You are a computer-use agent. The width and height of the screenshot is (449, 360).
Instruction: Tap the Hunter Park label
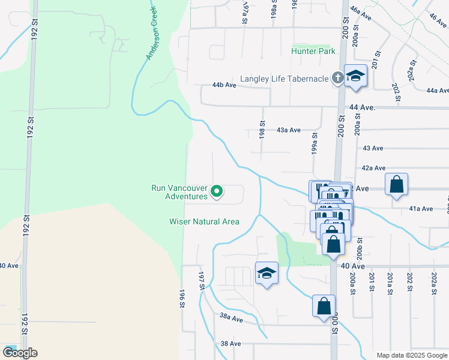click(313, 52)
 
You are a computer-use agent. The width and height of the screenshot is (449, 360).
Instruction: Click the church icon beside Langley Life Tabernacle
click(337, 77)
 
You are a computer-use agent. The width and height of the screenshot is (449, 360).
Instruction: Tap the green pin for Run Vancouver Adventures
click(217, 192)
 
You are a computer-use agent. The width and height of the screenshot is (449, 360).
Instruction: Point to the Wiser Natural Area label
click(204, 221)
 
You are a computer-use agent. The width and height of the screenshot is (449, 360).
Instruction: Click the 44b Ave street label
click(224, 86)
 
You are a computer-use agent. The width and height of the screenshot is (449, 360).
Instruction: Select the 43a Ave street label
click(288, 130)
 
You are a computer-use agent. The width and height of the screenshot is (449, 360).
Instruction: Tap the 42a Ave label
click(373, 169)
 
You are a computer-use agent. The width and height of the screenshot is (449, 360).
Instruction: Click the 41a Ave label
click(421, 209)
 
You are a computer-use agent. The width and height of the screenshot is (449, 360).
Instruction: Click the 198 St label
click(262, 130)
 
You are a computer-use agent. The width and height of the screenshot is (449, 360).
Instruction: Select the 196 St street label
click(181, 299)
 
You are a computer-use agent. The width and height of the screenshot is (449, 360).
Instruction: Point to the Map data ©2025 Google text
click(411, 355)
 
